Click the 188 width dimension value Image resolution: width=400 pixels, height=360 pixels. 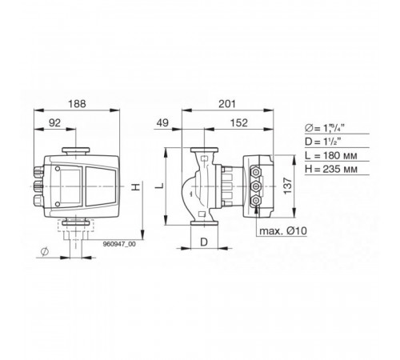(x=77, y=104)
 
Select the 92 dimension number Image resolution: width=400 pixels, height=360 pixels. (x=55, y=123)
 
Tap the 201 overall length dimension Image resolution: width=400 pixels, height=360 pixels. (x=227, y=104)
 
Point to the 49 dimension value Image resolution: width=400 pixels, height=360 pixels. (x=162, y=123)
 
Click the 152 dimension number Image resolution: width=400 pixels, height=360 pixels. (x=239, y=123)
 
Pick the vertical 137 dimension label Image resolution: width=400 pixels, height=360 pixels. (x=288, y=186)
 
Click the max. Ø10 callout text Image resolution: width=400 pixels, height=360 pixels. (x=283, y=230)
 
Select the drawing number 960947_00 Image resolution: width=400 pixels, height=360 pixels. (x=119, y=244)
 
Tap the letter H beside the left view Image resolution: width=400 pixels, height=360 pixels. (x=136, y=187)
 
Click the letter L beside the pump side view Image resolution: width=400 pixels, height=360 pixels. (x=159, y=186)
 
